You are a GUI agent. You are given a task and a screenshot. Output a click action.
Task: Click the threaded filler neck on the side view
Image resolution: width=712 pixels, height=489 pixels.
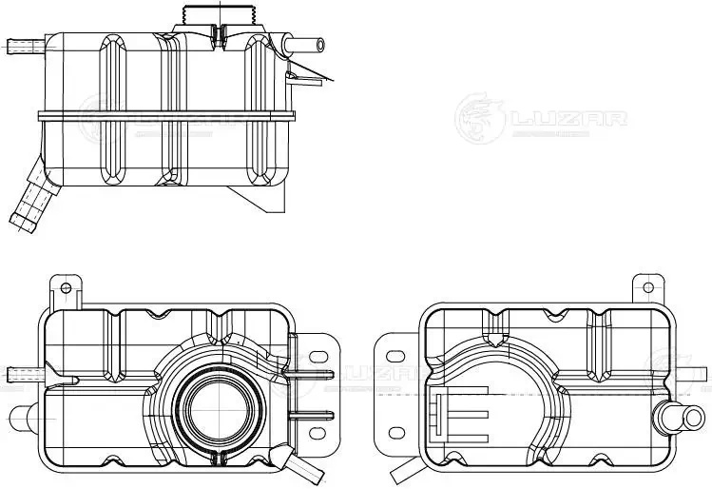click(219, 16)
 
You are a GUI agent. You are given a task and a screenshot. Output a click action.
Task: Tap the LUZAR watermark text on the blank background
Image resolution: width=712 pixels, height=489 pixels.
click(568, 119)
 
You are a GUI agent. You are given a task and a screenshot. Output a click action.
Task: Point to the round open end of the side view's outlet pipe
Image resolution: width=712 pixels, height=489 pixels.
click(320, 44)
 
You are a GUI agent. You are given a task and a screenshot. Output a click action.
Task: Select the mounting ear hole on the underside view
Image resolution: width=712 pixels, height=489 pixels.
click(649, 285)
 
